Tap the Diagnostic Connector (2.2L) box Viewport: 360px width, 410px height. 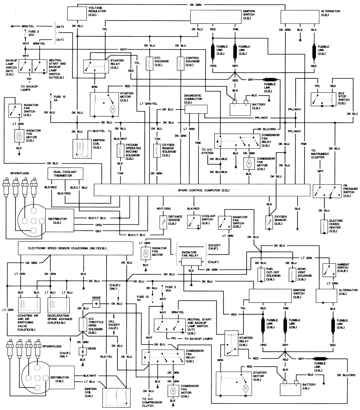click(x=196, y=110)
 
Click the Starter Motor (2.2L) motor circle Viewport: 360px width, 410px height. click(x=112, y=109)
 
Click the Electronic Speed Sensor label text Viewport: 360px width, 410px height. click(x=67, y=248)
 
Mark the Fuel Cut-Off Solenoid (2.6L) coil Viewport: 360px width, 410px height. click(x=260, y=274)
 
